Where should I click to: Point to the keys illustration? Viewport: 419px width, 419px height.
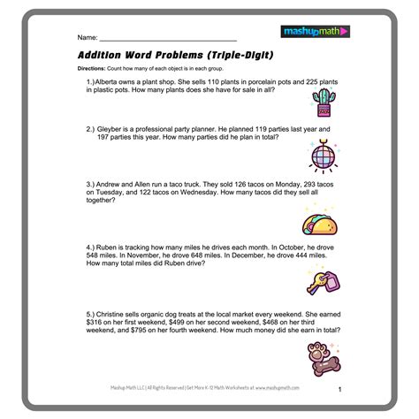(320, 280)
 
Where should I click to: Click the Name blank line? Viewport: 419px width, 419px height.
(168, 40)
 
